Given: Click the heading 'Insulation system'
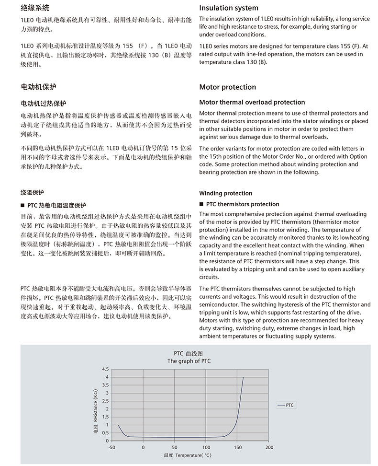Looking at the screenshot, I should point(228,8).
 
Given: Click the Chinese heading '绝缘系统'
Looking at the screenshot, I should point(35,8).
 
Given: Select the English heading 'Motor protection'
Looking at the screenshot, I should point(227,87).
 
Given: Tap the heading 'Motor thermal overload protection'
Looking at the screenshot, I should point(252,102).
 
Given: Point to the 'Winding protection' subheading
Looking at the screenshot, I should point(225,193).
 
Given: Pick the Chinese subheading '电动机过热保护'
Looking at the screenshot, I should point(44,104).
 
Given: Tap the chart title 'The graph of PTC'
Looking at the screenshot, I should point(189,361).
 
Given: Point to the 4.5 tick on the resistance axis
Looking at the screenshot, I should point(106,370).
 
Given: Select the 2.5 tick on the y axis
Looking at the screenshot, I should point(106,401).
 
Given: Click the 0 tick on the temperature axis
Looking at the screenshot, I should point(144,447).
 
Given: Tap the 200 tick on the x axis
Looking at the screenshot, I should point(269,447).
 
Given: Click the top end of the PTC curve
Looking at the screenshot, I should point(243,377).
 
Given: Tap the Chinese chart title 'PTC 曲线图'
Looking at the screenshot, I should point(189,353).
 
